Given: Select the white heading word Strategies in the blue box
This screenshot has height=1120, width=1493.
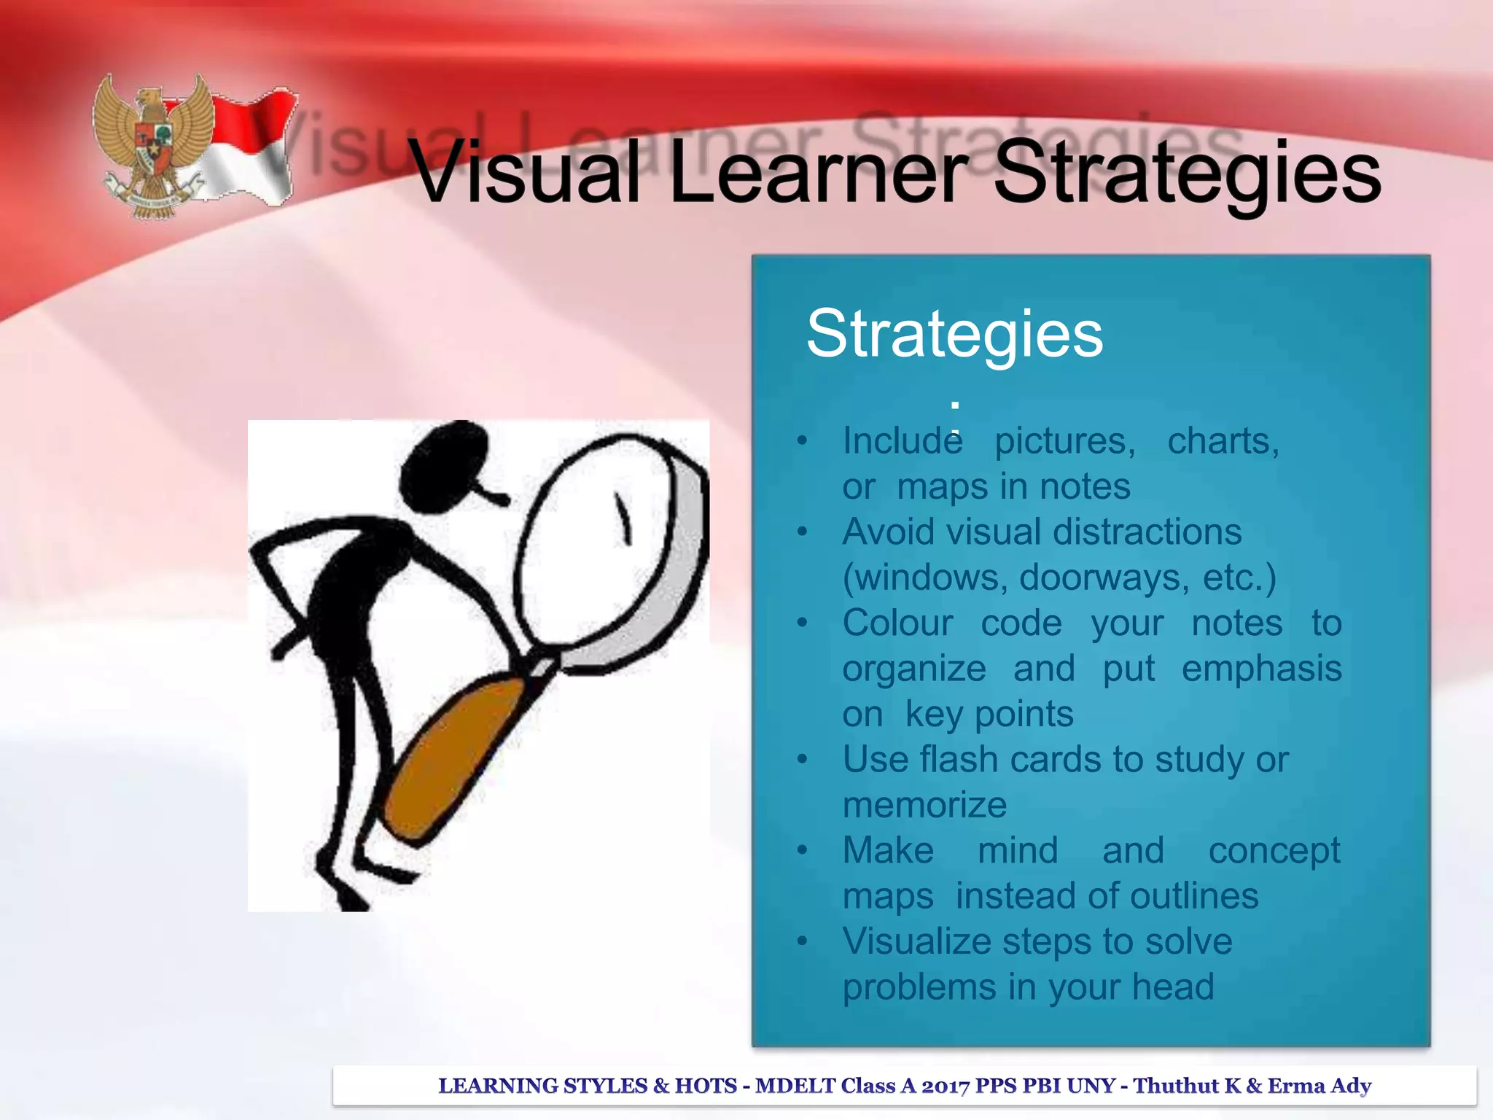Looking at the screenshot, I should click(x=954, y=333).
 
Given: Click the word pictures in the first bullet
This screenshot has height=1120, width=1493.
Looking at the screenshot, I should click(x=1065, y=441).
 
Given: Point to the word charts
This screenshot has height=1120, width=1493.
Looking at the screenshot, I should click(x=1223, y=441).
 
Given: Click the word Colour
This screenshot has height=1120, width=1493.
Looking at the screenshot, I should click(x=897, y=623).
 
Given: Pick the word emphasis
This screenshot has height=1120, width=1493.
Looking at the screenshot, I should click(x=1261, y=669).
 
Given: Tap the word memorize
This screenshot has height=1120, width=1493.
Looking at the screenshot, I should click(x=924, y=805).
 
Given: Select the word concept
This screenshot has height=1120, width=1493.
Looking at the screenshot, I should click(x=1274, y=851).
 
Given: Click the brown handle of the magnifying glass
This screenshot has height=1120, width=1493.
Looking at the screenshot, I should click(x=452, y=758).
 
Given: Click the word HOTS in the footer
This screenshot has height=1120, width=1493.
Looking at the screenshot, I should click(x=705, y=1086).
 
